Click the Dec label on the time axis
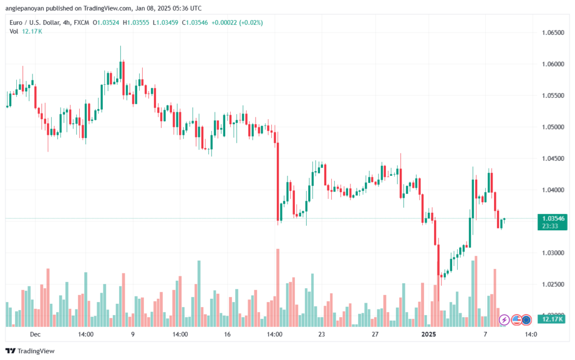[35, 334]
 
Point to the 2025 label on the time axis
[428, 334]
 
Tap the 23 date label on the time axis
[322, 334]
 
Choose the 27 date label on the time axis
[374, 334]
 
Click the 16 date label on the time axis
[227, 334]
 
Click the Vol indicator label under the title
[14, 31]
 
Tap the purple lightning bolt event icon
[504, 320]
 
